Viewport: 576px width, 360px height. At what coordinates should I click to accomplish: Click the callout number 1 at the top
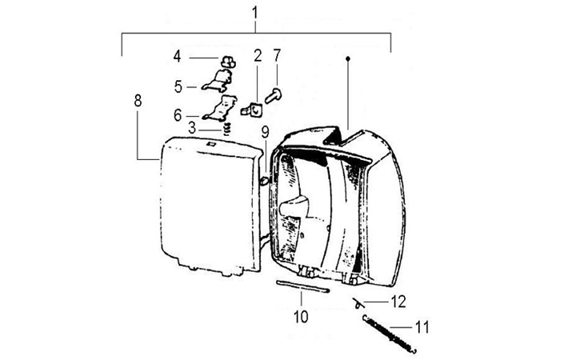click(x=254, y=14)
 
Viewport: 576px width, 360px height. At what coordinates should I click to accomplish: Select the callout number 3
click(x=192, y=127)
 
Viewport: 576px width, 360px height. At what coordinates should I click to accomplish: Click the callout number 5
click(x=178, y=84)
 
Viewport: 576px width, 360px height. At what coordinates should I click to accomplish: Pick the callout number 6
click(x=178, y=114)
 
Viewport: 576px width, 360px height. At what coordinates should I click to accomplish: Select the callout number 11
click(x=421, y=327)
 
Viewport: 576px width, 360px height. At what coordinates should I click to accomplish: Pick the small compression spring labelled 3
click(x=226, y=126)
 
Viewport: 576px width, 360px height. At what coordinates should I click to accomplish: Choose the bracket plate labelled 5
click(x=216, y=80)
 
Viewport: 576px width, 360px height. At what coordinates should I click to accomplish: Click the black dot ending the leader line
click(x=349, y=58)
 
